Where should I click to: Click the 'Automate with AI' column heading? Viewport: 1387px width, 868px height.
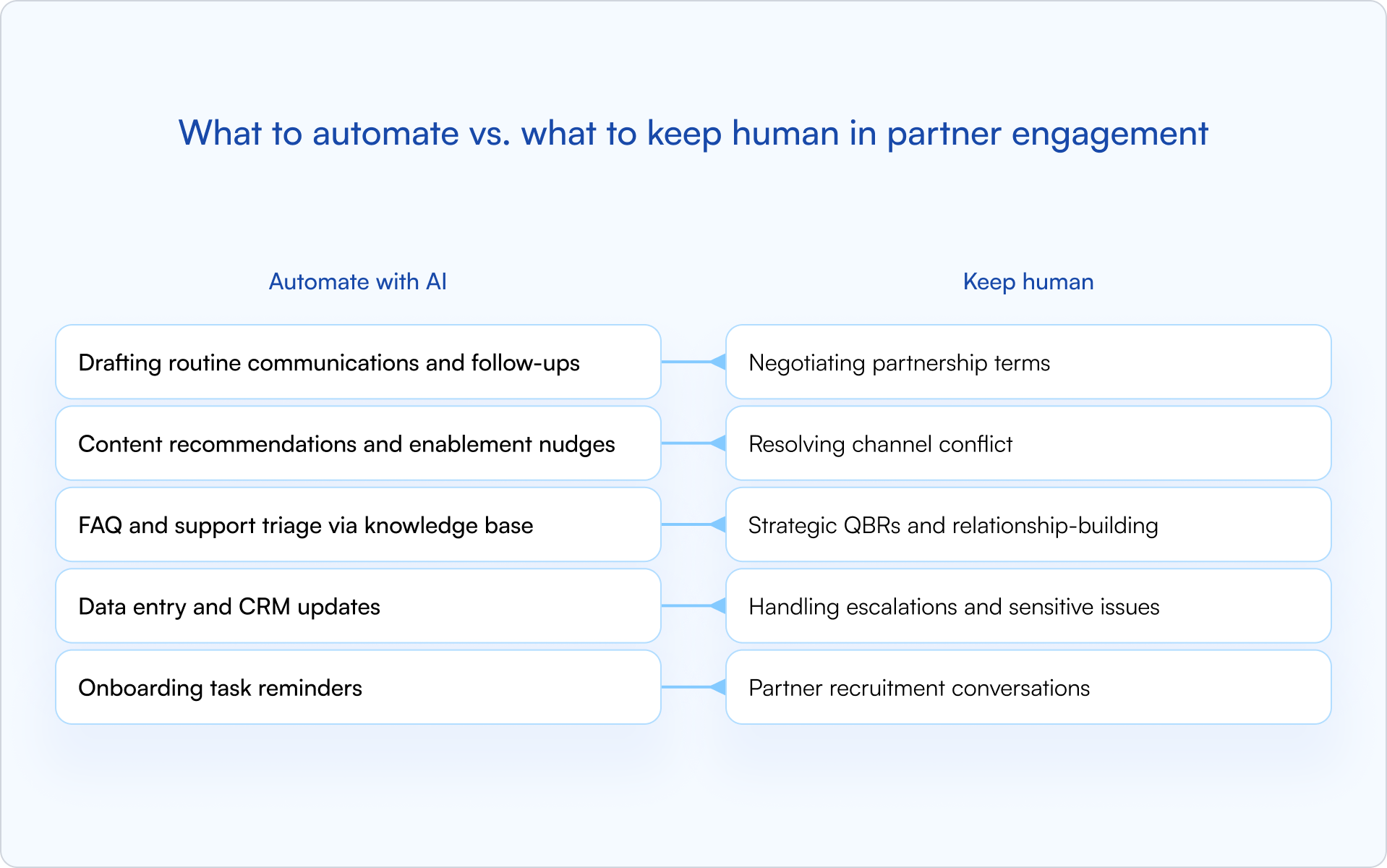tap(357, 281)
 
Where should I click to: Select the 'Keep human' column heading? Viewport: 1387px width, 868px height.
tap(1028, 281)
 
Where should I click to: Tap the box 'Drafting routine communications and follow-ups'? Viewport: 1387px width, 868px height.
tap(358, 362)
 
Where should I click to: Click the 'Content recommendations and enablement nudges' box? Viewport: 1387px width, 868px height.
tap(358, 443)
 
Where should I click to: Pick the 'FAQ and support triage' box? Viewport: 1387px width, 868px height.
tap(358, 524)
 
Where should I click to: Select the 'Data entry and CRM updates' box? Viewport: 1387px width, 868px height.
tap(358, 606)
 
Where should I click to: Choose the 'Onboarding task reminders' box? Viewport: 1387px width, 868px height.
tap(358, 687)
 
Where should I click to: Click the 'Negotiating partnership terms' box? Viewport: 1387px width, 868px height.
tap(1028, 362)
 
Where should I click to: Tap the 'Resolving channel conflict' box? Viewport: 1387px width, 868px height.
tap(1028, 443)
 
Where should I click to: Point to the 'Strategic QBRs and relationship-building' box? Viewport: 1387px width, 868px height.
tap(1028, 524)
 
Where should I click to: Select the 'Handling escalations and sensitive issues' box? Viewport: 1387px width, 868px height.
tap(1028, 606)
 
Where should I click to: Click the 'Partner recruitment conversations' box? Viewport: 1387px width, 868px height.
tap(1028, 687)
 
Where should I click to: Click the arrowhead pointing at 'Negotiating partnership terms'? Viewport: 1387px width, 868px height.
tap(718, 362)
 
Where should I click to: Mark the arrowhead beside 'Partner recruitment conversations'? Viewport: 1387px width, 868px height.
tap(718, 687)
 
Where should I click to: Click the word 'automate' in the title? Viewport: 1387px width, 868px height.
tap(385, 134)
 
